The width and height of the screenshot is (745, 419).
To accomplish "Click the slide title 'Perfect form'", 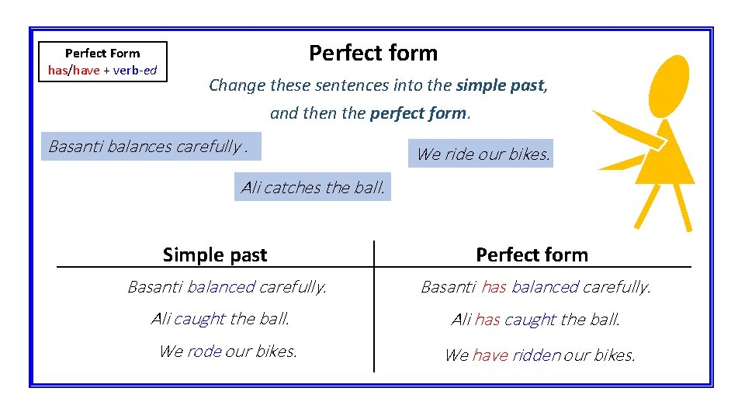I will (x=373, y=53).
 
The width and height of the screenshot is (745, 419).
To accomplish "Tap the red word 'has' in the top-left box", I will (x=57, y=71).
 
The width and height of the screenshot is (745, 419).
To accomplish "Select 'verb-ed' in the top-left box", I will (x=136, y=71).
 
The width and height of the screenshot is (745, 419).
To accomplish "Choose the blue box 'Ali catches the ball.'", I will (x=313, y=187).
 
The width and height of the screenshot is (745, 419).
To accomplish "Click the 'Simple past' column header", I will (x=215, y=255).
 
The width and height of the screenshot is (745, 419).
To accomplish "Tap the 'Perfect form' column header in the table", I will (x=532, y=255).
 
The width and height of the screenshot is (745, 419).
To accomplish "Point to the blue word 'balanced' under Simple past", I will (x=220, y=287).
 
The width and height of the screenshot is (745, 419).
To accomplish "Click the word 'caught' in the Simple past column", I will (x=199, y=318).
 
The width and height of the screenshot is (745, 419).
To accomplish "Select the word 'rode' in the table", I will (x=204, y=351).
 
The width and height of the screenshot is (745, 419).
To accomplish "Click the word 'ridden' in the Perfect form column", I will (x=536, y=355).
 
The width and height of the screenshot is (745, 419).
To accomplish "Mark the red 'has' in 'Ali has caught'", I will (x=487, y=319).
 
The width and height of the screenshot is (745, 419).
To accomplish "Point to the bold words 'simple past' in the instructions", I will (x=501, y=85).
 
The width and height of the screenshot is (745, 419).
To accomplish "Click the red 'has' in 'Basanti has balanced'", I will (x=494, y=287).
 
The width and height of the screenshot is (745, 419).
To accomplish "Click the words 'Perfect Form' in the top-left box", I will (x=102, y=54).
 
